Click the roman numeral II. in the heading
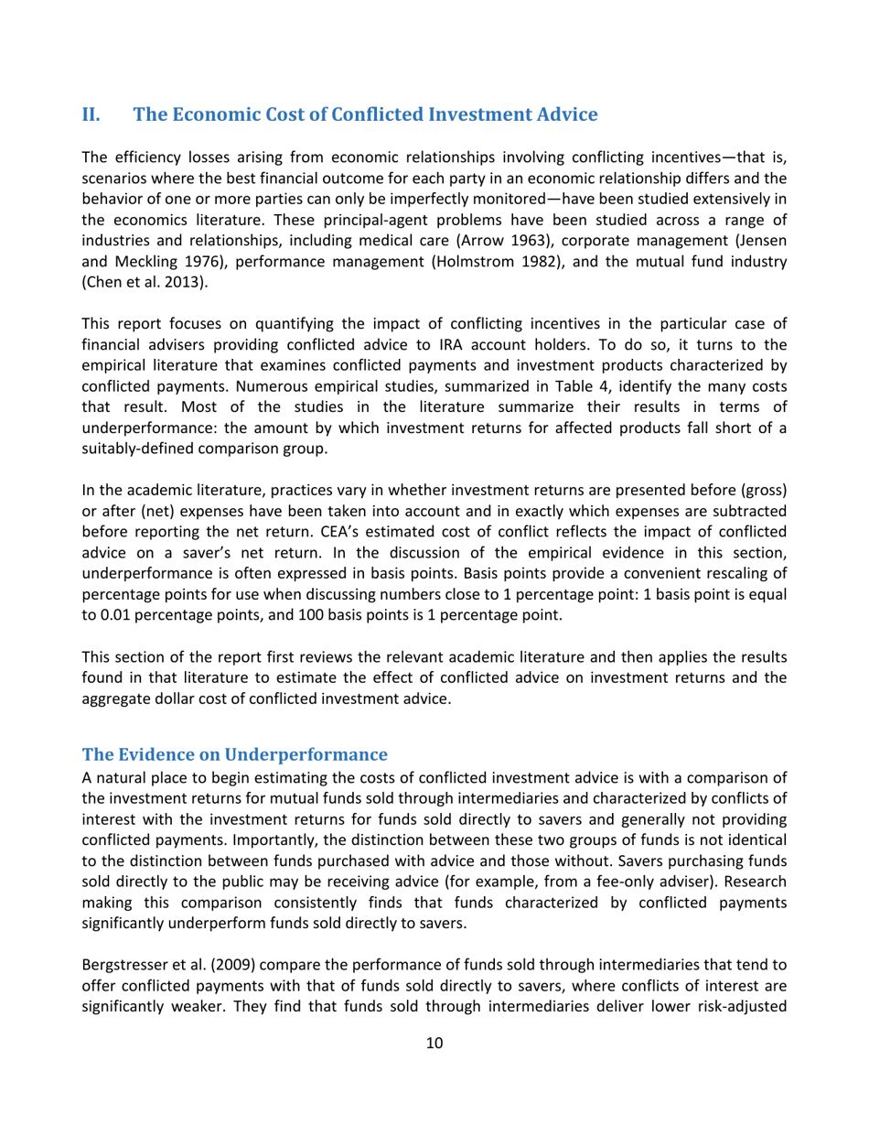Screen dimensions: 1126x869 tap(93, 115)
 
